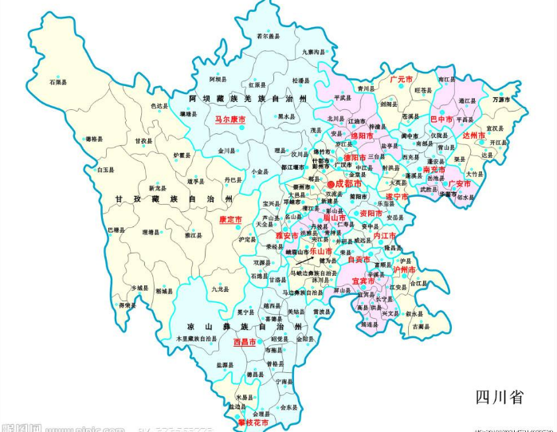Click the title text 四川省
(499, 397)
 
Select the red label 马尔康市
(229, 119)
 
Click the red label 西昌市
(245, 342)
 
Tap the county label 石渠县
(58, 82)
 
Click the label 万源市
(501, 100)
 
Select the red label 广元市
(401, 81)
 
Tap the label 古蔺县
(420, 326)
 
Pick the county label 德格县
(95, 138)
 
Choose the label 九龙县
(219, 289)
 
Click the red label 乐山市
(321, 250)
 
